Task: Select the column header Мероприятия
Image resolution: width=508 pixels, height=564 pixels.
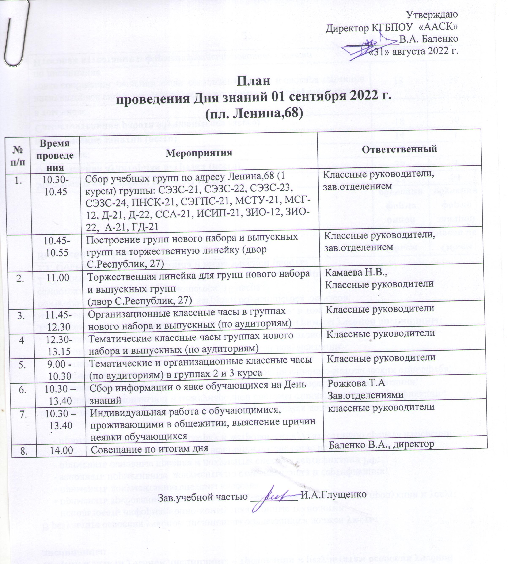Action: click(x=199, y=153)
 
